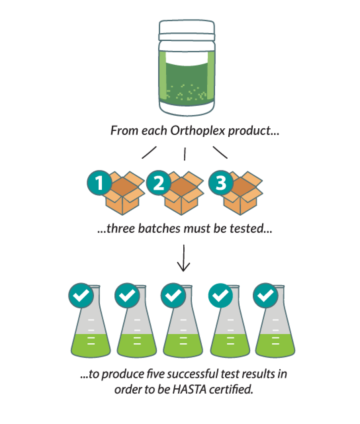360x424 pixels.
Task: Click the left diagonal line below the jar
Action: pyautogui.click(x=149, y=152)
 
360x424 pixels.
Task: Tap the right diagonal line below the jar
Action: pyautogui.click(x=220, y=152)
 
